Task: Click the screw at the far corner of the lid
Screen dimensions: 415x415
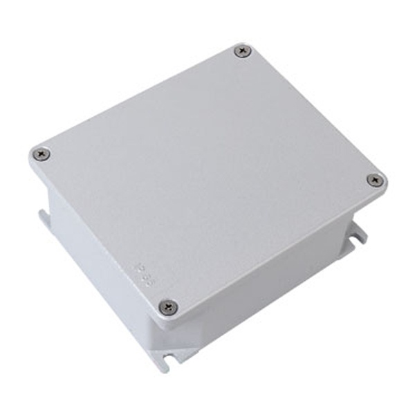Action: [242, 51]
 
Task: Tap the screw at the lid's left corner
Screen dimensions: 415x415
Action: [41, 154]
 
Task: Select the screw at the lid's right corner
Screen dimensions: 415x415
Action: [375, 180]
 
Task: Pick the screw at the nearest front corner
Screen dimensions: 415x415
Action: [167, 306]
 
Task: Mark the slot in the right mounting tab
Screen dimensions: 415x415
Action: [360, 235]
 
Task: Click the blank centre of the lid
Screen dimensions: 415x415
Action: [207, 173]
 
